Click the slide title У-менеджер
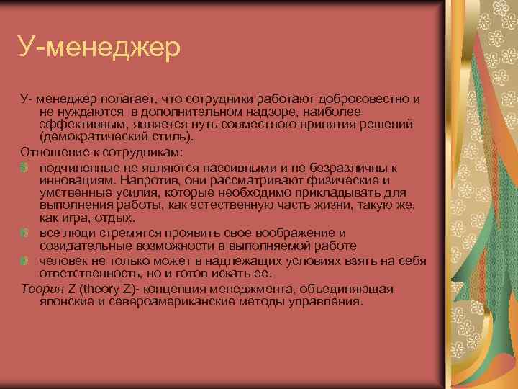click(x=99, y=49)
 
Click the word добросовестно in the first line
click(x=366, y=98)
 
